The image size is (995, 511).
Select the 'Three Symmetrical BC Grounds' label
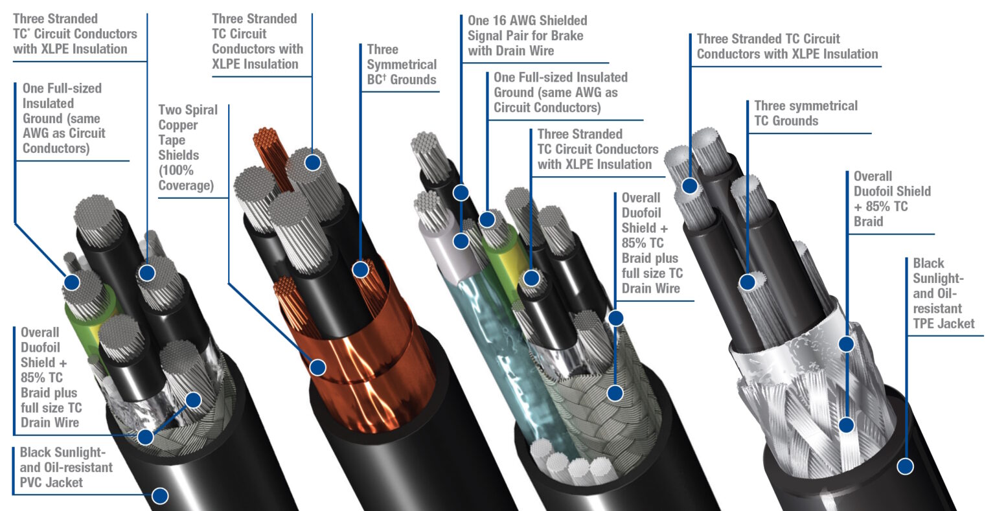401,65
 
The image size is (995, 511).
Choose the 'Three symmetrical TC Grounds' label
805,113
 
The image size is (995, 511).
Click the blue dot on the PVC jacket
159,496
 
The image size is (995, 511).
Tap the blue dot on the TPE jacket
905,466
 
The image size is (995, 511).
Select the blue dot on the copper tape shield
317,367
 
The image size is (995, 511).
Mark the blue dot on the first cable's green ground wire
71,282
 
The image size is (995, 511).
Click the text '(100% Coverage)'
185,178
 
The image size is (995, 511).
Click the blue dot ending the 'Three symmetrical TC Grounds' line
748,282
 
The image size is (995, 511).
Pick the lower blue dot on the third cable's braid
615,392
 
